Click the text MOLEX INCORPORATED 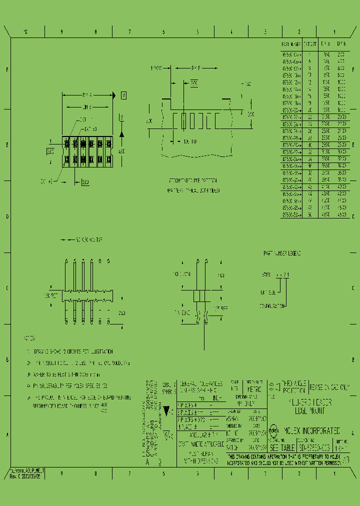point(312,430)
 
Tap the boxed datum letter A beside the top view point(123,95)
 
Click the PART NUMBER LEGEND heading point(282,254)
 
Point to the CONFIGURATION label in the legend point(272,305)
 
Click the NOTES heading point(30,338)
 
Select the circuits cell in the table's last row point(310,215)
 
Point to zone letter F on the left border point(7,70)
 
